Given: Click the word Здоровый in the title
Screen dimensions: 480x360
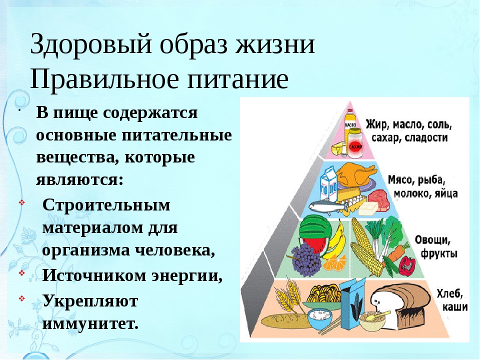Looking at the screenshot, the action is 91,44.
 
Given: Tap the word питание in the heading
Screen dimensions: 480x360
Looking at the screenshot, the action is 238,78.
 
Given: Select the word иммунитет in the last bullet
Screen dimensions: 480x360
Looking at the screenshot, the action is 90,323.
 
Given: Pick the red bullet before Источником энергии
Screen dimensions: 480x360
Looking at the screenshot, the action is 21,272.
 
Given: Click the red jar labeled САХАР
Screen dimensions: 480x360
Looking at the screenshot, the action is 355,143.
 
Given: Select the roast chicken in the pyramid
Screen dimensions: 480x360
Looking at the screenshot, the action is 355,175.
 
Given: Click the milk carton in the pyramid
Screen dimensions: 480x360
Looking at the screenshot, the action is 328,185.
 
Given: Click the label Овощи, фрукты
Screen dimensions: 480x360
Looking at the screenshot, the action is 435,246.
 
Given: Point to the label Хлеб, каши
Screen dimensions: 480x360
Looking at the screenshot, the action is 452,300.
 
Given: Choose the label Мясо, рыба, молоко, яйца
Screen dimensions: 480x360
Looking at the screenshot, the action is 422,186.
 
